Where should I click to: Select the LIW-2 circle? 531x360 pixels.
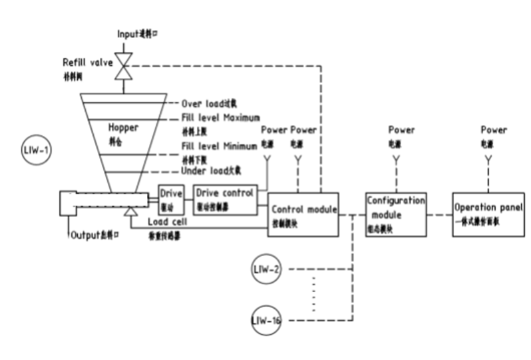point(267,269)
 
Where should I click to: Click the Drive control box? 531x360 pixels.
point(224,198)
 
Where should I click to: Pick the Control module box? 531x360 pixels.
point(303,212)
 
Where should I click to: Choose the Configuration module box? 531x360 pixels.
point(395,212)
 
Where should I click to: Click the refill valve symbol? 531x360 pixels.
point(123,67)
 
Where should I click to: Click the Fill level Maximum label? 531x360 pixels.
point(220,118)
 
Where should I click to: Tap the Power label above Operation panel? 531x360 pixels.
point(492,130)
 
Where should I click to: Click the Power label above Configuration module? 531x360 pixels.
point(401,130)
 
